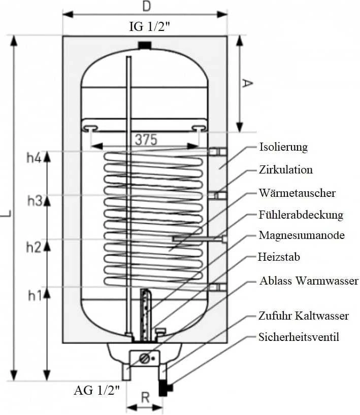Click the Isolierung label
(283, 147)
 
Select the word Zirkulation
(286, 169)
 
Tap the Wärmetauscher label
(297, 193)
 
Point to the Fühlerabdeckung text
(301, 215)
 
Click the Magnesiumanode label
(302, 235)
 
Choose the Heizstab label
(279, 257)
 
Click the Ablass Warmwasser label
(309, 281)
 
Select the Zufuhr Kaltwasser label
(304, 316)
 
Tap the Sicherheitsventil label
(299, 337)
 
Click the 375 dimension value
(146, 140)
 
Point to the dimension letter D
(147, 7)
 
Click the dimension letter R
(145, 397)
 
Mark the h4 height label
(34, 158)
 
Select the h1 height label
(35, 296)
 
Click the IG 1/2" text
(149, 26)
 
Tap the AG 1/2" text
(97, 390)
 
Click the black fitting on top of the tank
(145, 45)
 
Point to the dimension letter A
(247, 83)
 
